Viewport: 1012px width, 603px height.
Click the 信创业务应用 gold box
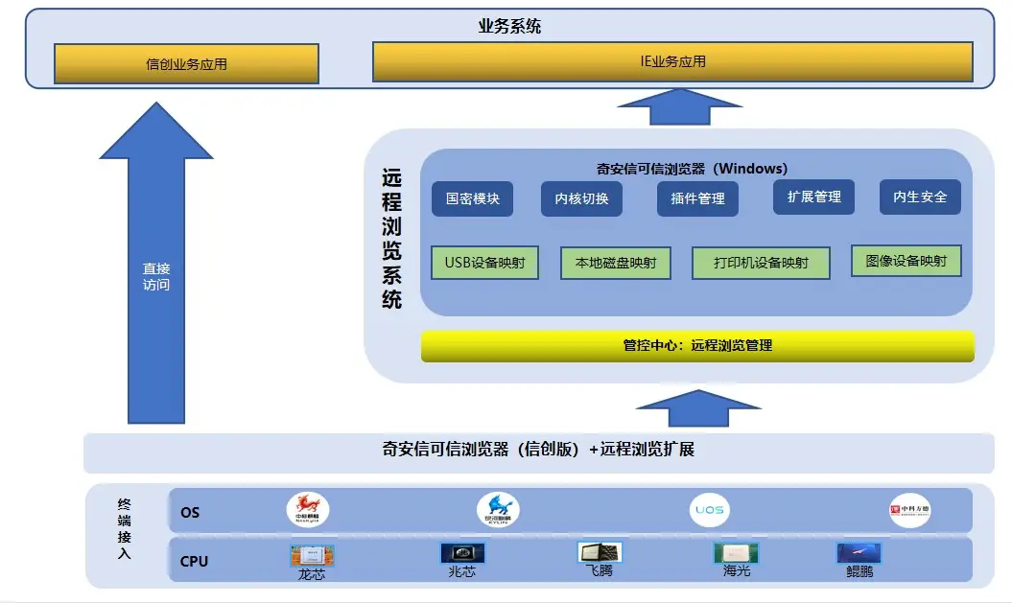point(186,64)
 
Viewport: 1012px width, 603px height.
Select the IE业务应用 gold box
point(672,61)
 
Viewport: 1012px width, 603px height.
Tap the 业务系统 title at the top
point(509,26)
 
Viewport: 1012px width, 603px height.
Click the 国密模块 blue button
point(472,198)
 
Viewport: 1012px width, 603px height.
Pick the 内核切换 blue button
point(581,199)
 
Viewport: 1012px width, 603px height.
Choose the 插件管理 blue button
point(697,199)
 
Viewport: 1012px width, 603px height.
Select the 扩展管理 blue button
point(813,197)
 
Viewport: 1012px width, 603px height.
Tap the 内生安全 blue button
point(920,197)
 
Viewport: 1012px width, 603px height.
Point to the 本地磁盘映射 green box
point(614,263)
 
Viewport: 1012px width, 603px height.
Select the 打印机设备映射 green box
point(761,263)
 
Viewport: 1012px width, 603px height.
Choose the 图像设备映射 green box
point(906,261)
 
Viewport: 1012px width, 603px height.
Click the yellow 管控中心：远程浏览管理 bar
point(697,345)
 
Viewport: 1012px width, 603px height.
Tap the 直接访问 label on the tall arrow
point(156,277)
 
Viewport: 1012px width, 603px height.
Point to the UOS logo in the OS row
point(709,509)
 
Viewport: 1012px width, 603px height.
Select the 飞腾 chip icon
point(599,552)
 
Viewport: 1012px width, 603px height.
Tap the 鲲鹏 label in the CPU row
point(859,572)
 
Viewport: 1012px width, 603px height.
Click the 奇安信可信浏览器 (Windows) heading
point(692,168)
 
